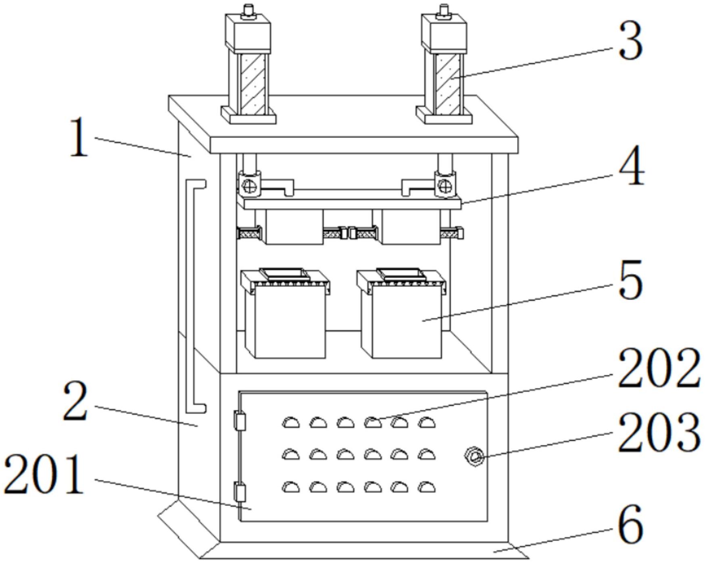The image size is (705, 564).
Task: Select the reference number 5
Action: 630,280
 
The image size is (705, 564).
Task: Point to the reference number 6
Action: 630,524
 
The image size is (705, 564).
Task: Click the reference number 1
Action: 79,137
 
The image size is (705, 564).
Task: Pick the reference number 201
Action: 44,474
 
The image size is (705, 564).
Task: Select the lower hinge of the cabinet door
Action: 240,493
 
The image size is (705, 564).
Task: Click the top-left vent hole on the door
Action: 290,422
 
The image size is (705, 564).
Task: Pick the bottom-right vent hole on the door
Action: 426,487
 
